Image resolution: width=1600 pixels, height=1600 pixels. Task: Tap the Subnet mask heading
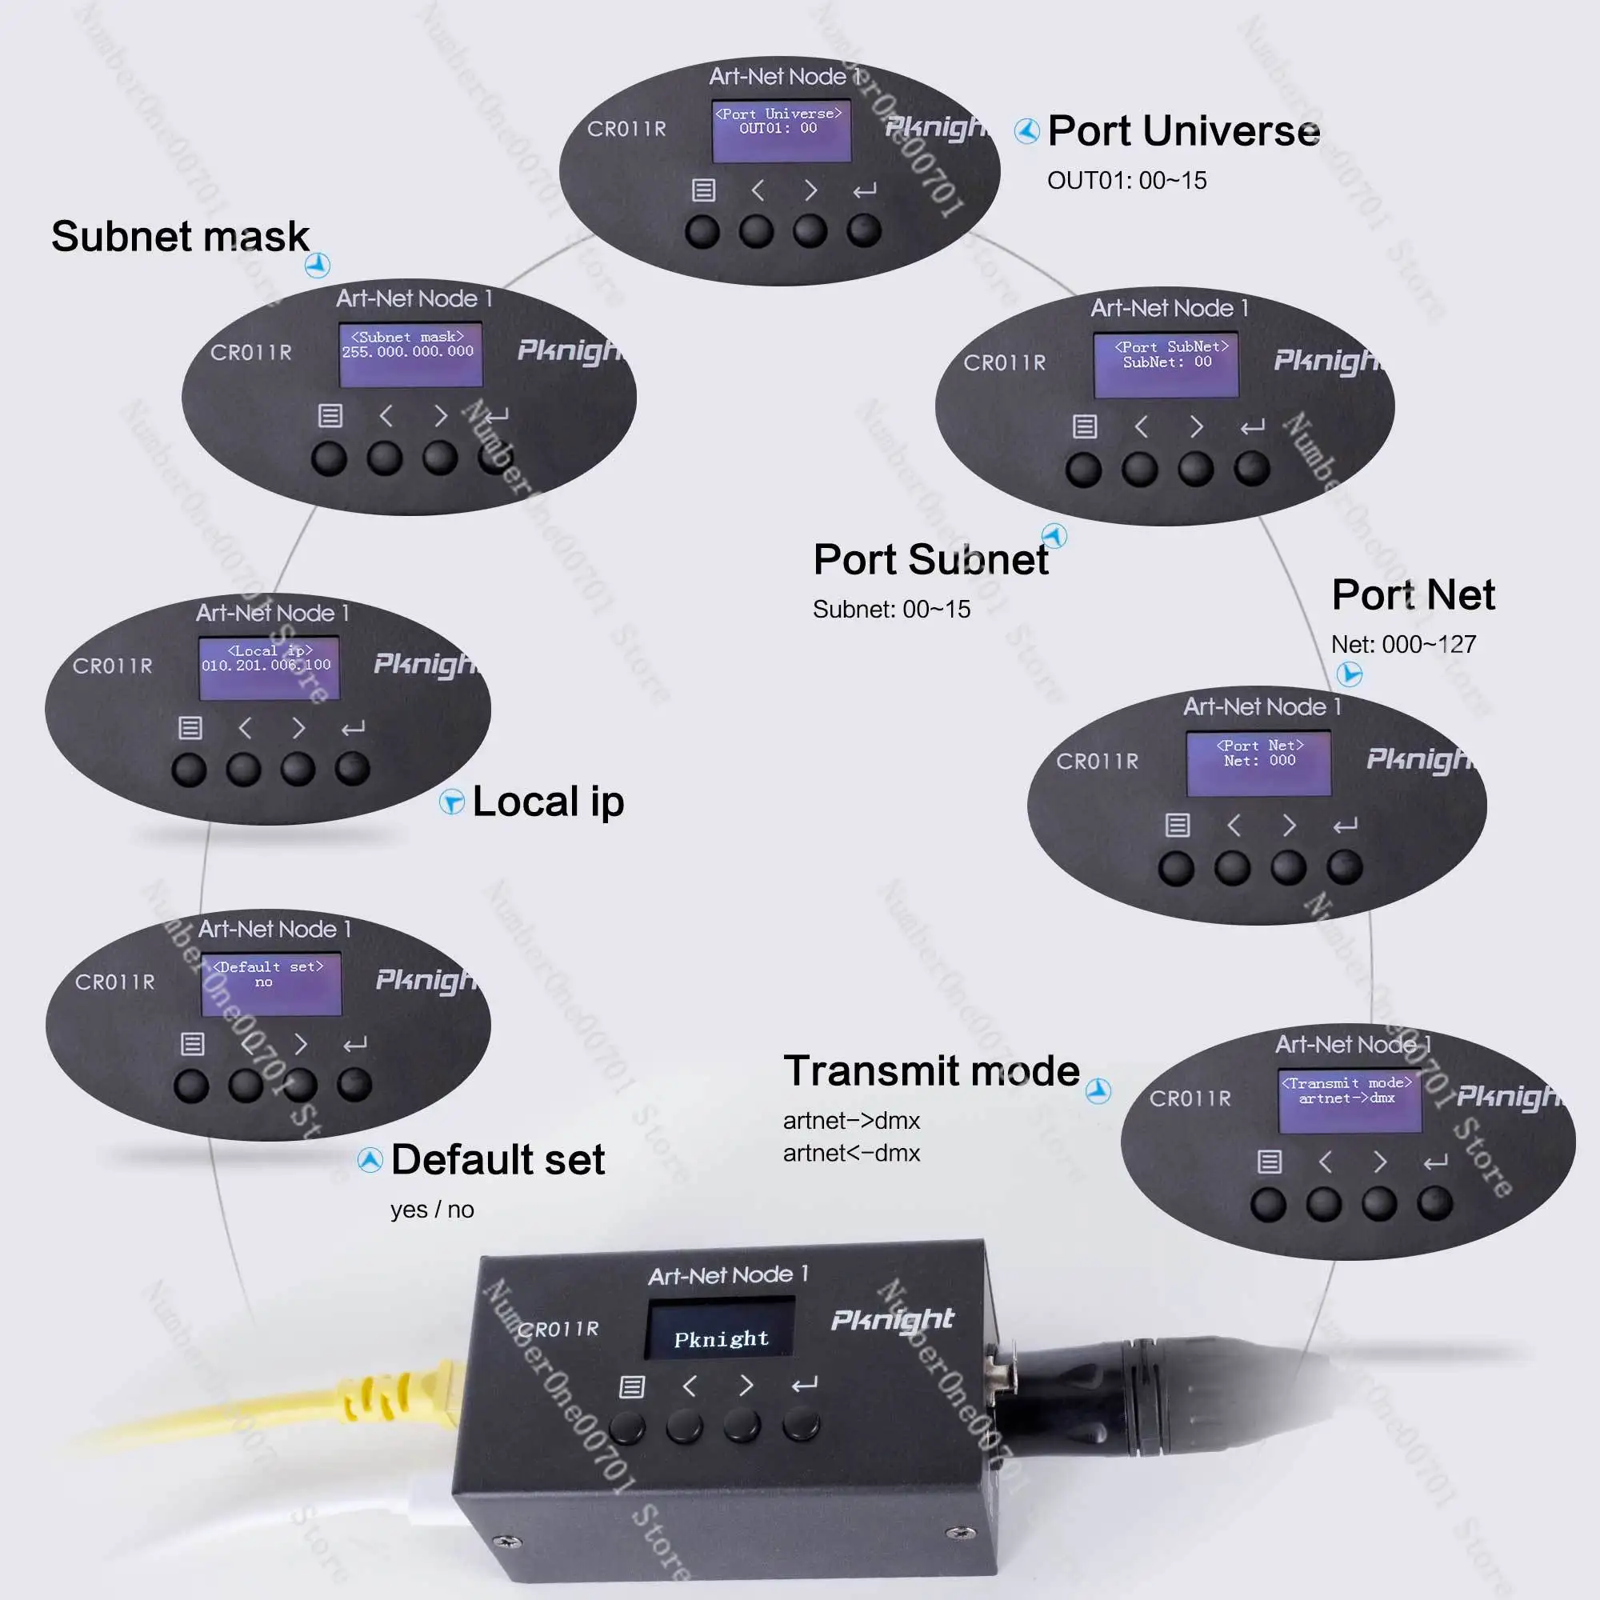pos(180,237)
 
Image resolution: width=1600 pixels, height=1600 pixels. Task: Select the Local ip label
pos(547,802)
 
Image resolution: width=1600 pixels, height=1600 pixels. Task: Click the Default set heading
pos(498,1159)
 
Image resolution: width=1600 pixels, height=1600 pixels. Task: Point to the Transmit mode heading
pos(931,1071)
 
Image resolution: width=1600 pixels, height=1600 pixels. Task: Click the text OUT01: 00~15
pos(1126,181)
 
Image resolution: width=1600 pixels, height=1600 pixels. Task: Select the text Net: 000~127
pos(1403,644)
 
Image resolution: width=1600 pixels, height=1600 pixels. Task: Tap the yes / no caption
pos(431,1210)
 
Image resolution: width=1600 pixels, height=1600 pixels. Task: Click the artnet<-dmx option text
pos(851,1153)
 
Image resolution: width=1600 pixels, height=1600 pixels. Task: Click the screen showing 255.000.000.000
pos(410,354)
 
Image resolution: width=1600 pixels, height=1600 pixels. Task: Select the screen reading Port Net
pos(1258,762)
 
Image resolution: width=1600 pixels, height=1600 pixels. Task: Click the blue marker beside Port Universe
pos(1027,131)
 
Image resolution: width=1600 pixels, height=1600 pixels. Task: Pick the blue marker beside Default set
pos(370,1160)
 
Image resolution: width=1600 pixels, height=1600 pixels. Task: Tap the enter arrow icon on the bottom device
pos(803,1385)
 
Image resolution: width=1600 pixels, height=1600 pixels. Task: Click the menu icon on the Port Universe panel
pos(703,190)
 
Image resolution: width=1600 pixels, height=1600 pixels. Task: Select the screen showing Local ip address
pos(268,667)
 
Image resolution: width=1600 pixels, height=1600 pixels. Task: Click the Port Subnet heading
pos(930,560)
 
